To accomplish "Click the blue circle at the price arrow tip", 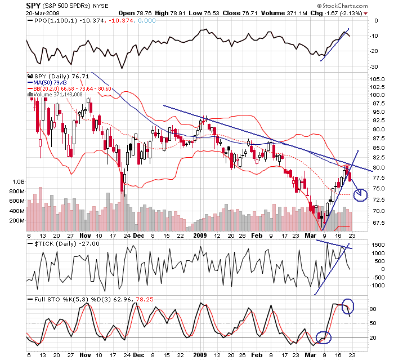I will [360, 195].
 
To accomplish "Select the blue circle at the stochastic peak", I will [348, 306].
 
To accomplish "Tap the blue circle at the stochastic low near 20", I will [324, 337].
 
